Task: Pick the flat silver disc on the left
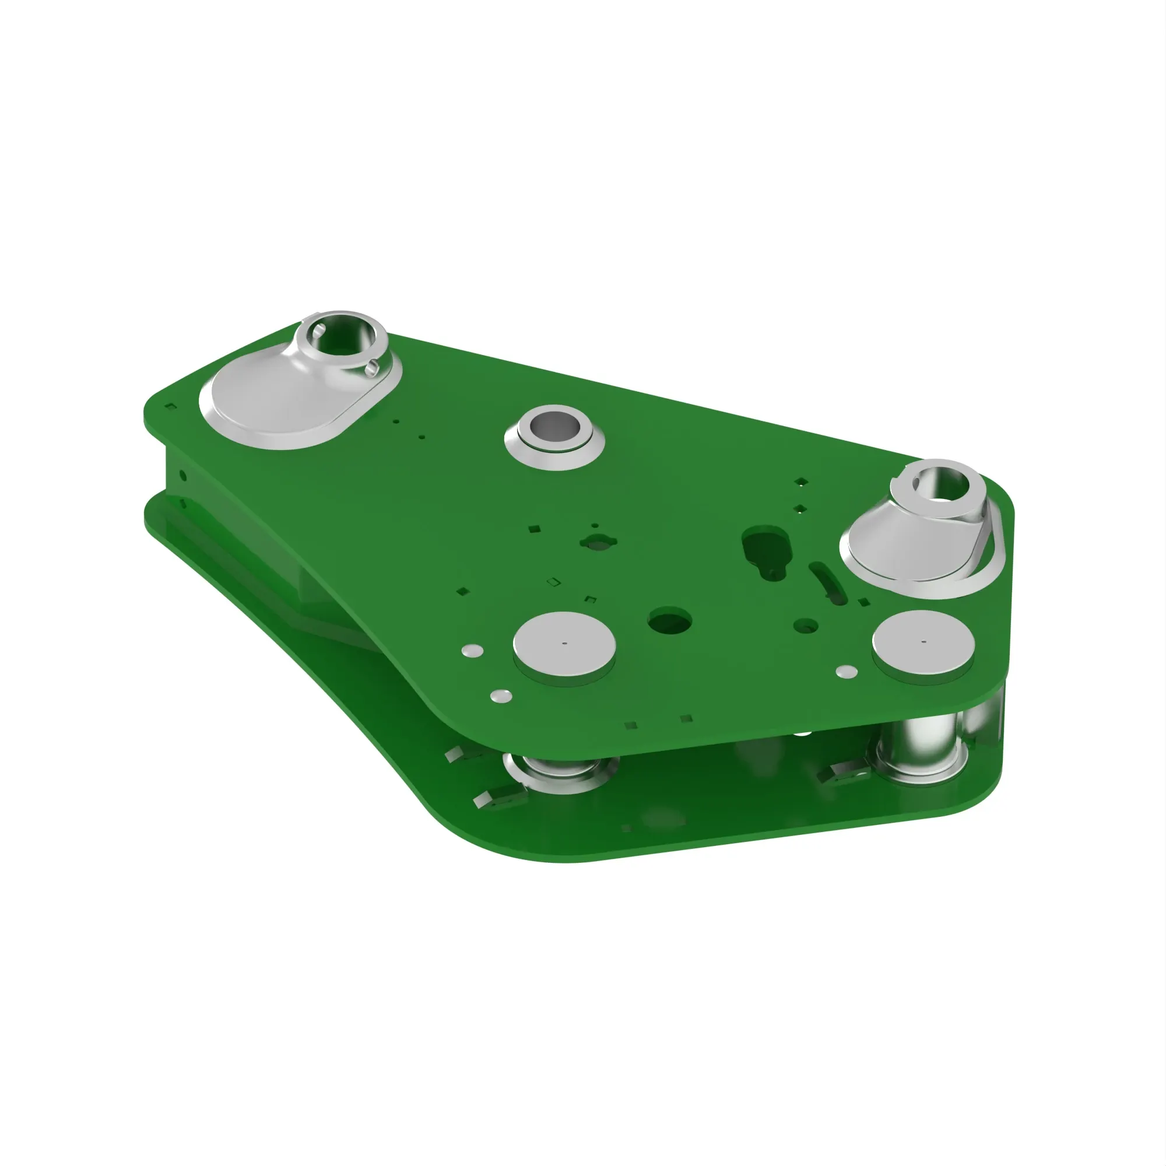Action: pyautogui.click(x=564, y=644)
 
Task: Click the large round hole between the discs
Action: pyautogui.click(x=669, y=621)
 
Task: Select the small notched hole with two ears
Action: pyautogui.click(x=597, y=543)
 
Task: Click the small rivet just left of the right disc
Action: pyautogui.click(x=847, y=671)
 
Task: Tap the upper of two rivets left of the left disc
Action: pyautogui.click(x=472, y=651)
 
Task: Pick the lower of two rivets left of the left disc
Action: pyautogui.click(x=501, y=697)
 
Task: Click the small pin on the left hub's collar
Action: pyautogui.click(x=373, y=366)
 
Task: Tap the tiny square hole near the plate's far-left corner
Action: pyautogui.click(x=171, y=407)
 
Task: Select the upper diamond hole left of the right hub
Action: pyautogui.click(x=801, y=482)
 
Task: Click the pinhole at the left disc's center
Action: pyautogui.click(x=564, y=644)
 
